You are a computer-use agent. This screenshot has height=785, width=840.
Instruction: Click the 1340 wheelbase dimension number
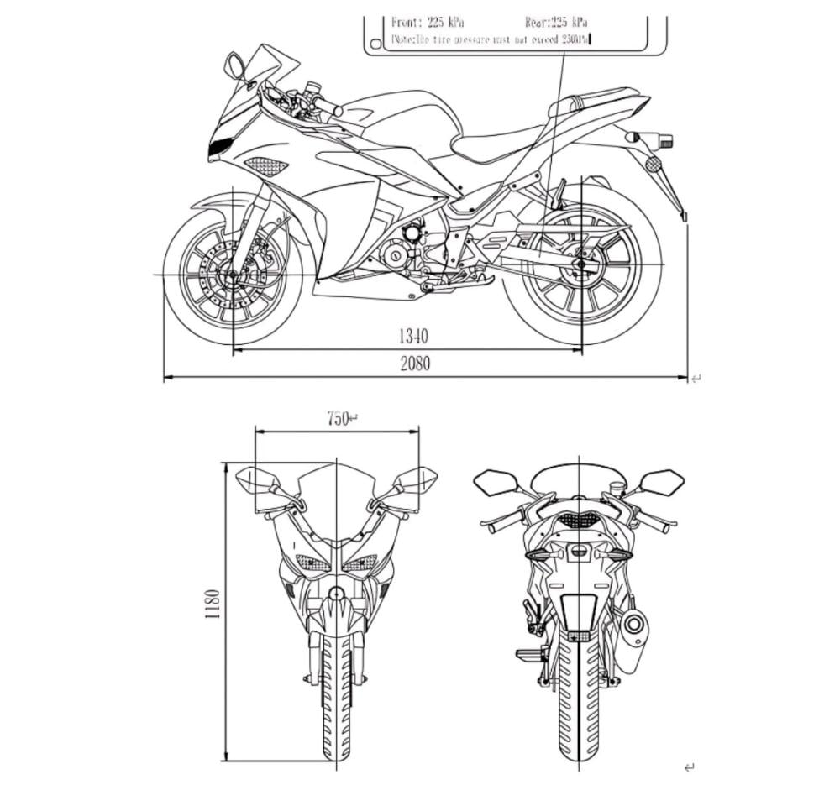tap(413, 337)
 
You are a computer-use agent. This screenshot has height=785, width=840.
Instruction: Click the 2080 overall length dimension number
tap(415, 364)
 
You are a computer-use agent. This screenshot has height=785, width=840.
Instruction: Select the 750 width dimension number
tap(338, 418)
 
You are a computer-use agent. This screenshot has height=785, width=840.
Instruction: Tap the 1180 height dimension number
tap(213, 603)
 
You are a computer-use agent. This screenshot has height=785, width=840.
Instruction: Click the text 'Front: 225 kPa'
tap(428, 23)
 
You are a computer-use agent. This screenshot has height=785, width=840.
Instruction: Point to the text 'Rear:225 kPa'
tap(556, 23)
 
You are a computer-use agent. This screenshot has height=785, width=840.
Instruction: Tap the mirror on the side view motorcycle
tap(235, 65)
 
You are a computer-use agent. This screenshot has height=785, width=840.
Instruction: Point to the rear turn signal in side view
tap(652, 137)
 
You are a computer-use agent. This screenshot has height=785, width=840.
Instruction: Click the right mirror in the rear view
tap(662, 481)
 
